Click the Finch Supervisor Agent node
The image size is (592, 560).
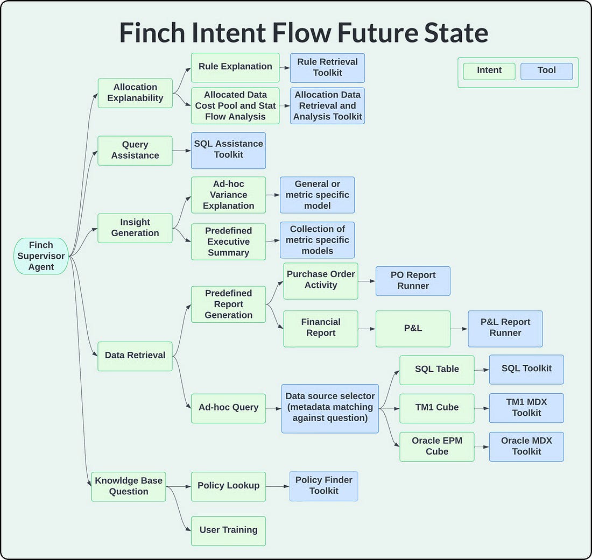41,256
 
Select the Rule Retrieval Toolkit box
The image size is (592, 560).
327,67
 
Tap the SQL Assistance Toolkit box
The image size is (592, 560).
228,150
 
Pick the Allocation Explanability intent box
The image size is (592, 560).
135,93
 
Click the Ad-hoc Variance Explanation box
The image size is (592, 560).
228,195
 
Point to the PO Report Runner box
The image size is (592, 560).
413,280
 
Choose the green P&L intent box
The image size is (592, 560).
413,328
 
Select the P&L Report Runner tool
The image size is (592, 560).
505,328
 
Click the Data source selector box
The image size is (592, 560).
330,408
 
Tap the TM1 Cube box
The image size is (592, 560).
436,408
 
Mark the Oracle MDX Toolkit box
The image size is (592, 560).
526,446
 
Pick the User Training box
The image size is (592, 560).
228,530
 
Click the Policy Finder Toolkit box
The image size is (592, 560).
323,486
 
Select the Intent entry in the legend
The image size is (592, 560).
489,71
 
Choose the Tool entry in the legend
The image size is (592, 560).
546,71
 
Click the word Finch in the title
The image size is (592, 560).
156,33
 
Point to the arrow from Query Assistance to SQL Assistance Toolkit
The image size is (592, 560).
182,150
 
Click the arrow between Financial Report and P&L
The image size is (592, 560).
367,329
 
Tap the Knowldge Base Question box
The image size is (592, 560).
128,486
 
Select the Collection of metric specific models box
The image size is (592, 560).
317,240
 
